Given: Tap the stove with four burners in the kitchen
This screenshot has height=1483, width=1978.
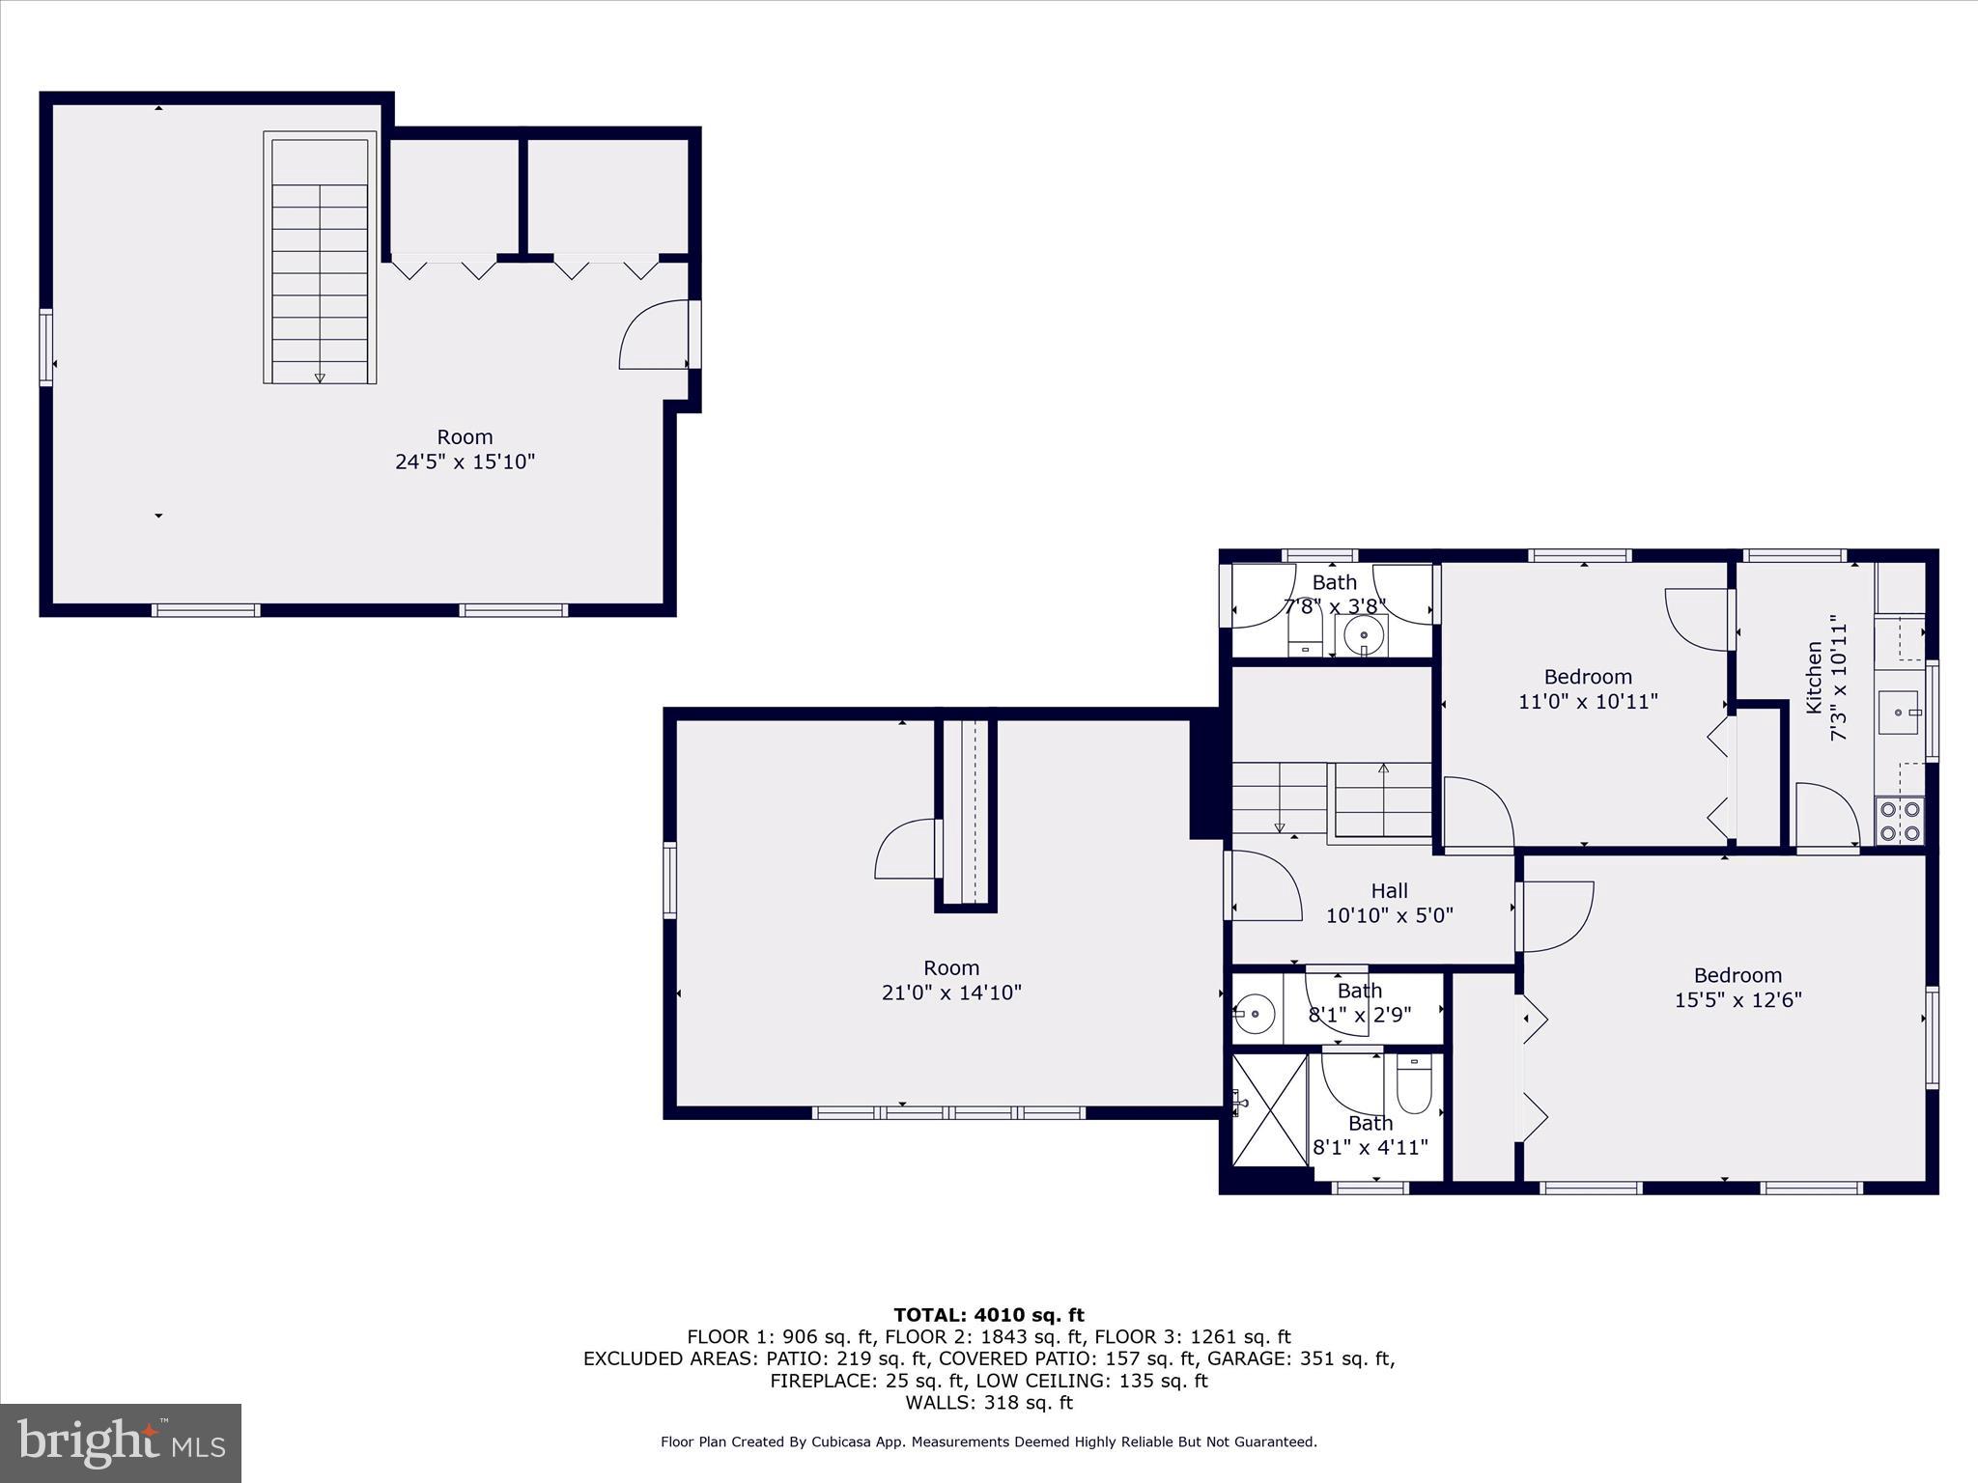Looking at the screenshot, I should point(1899,821).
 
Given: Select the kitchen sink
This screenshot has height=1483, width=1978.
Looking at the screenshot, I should point(1899,713).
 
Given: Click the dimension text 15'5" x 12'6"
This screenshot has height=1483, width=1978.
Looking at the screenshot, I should point(1738,1000).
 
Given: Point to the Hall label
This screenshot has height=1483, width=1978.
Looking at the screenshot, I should point(1389,891).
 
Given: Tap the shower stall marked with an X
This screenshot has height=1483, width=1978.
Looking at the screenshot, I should point(1270,1111).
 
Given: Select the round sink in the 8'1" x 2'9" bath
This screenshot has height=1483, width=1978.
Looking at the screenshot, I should point(1255,1014).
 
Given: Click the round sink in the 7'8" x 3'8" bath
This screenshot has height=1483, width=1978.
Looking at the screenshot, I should point(1364,635).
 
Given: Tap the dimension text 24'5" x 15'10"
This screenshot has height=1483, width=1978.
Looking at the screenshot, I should point(465,462).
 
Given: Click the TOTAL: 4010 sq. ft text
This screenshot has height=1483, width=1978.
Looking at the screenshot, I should point(988,1315).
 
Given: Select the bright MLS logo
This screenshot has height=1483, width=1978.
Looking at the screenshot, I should point(121,1442).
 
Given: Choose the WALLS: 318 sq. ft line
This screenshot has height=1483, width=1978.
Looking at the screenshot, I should point(988,1403).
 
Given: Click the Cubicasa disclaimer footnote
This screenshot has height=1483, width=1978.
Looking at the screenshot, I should point(988,1441).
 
